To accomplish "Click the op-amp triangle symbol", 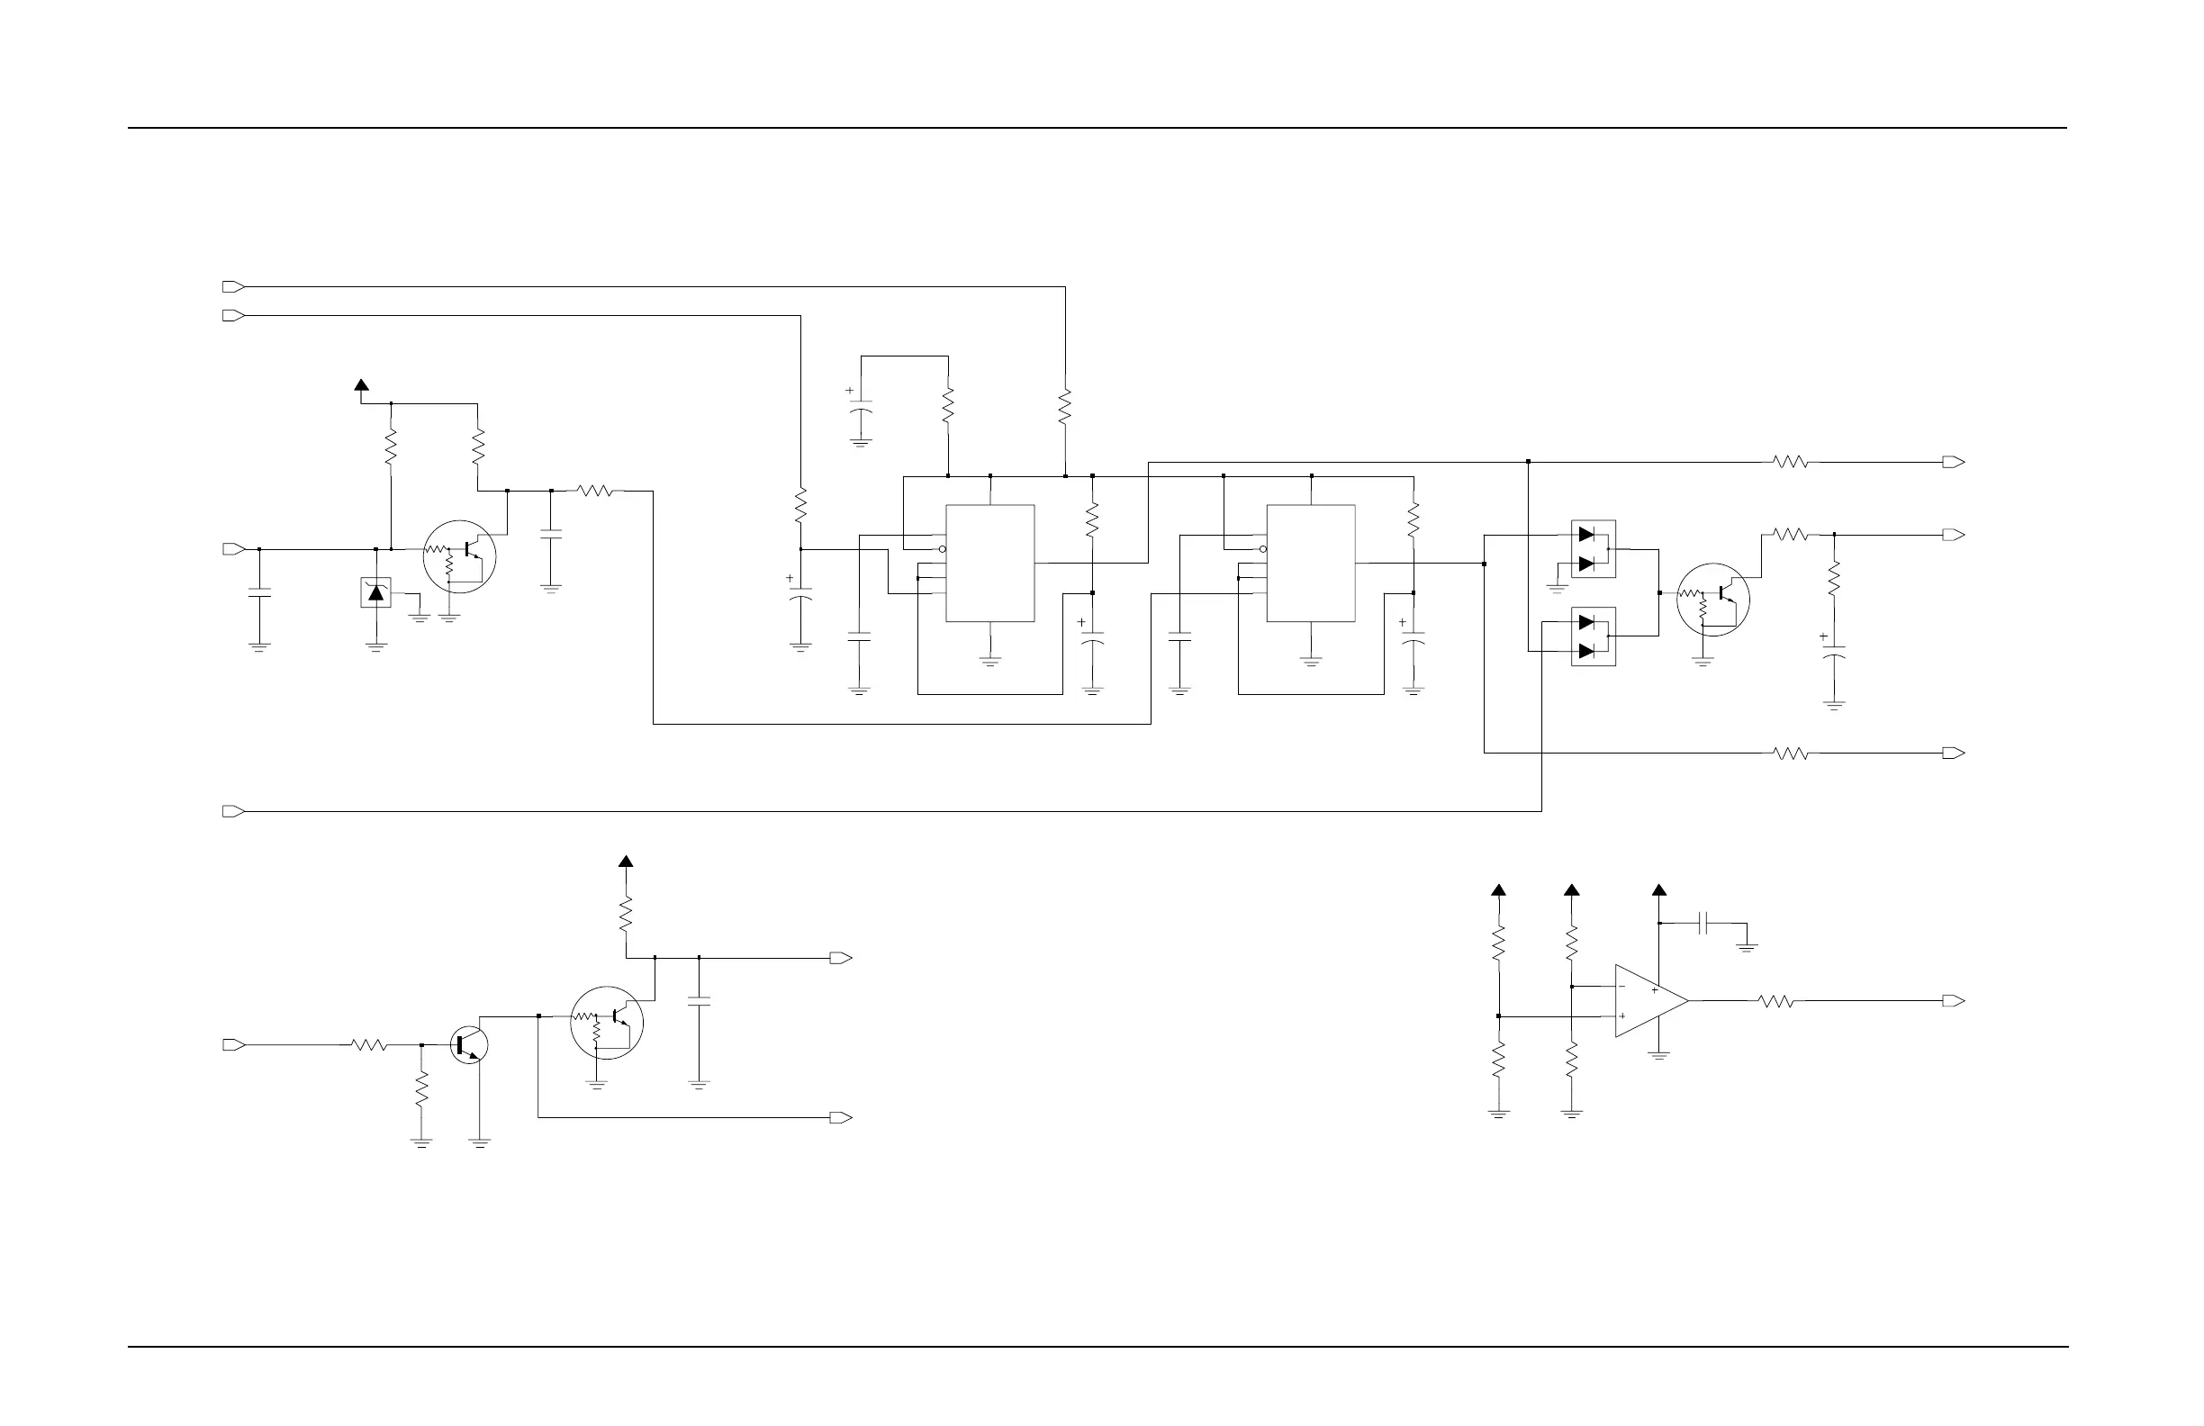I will coord(1648,1001).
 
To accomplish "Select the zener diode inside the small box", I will coord(375,592).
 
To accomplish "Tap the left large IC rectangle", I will coord(989,563).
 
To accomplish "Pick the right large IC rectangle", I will coord(1310,563).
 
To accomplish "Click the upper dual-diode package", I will coord(1593,549).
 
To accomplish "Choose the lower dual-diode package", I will coord(1593,636).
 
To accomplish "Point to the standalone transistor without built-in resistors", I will coord(468,1044).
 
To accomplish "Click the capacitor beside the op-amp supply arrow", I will coord(1704,923).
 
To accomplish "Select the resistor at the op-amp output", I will coord(1776,1001).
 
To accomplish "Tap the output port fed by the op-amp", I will coord(1953,1001).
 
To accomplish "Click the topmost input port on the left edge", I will coord(233,287).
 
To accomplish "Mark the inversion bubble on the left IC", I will coord(942,549).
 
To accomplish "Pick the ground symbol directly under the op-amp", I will coord(1659,1055).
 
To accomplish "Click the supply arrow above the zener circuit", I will coord(361,385).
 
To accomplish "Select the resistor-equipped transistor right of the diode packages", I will coord(1713,599).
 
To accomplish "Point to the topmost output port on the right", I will coord(1953,462).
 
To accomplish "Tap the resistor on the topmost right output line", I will coord(1790,462).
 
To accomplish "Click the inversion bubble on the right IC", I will coord(1263,549).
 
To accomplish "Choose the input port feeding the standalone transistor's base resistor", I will coord(233,1044).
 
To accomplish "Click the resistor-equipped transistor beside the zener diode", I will coord(459,556).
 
